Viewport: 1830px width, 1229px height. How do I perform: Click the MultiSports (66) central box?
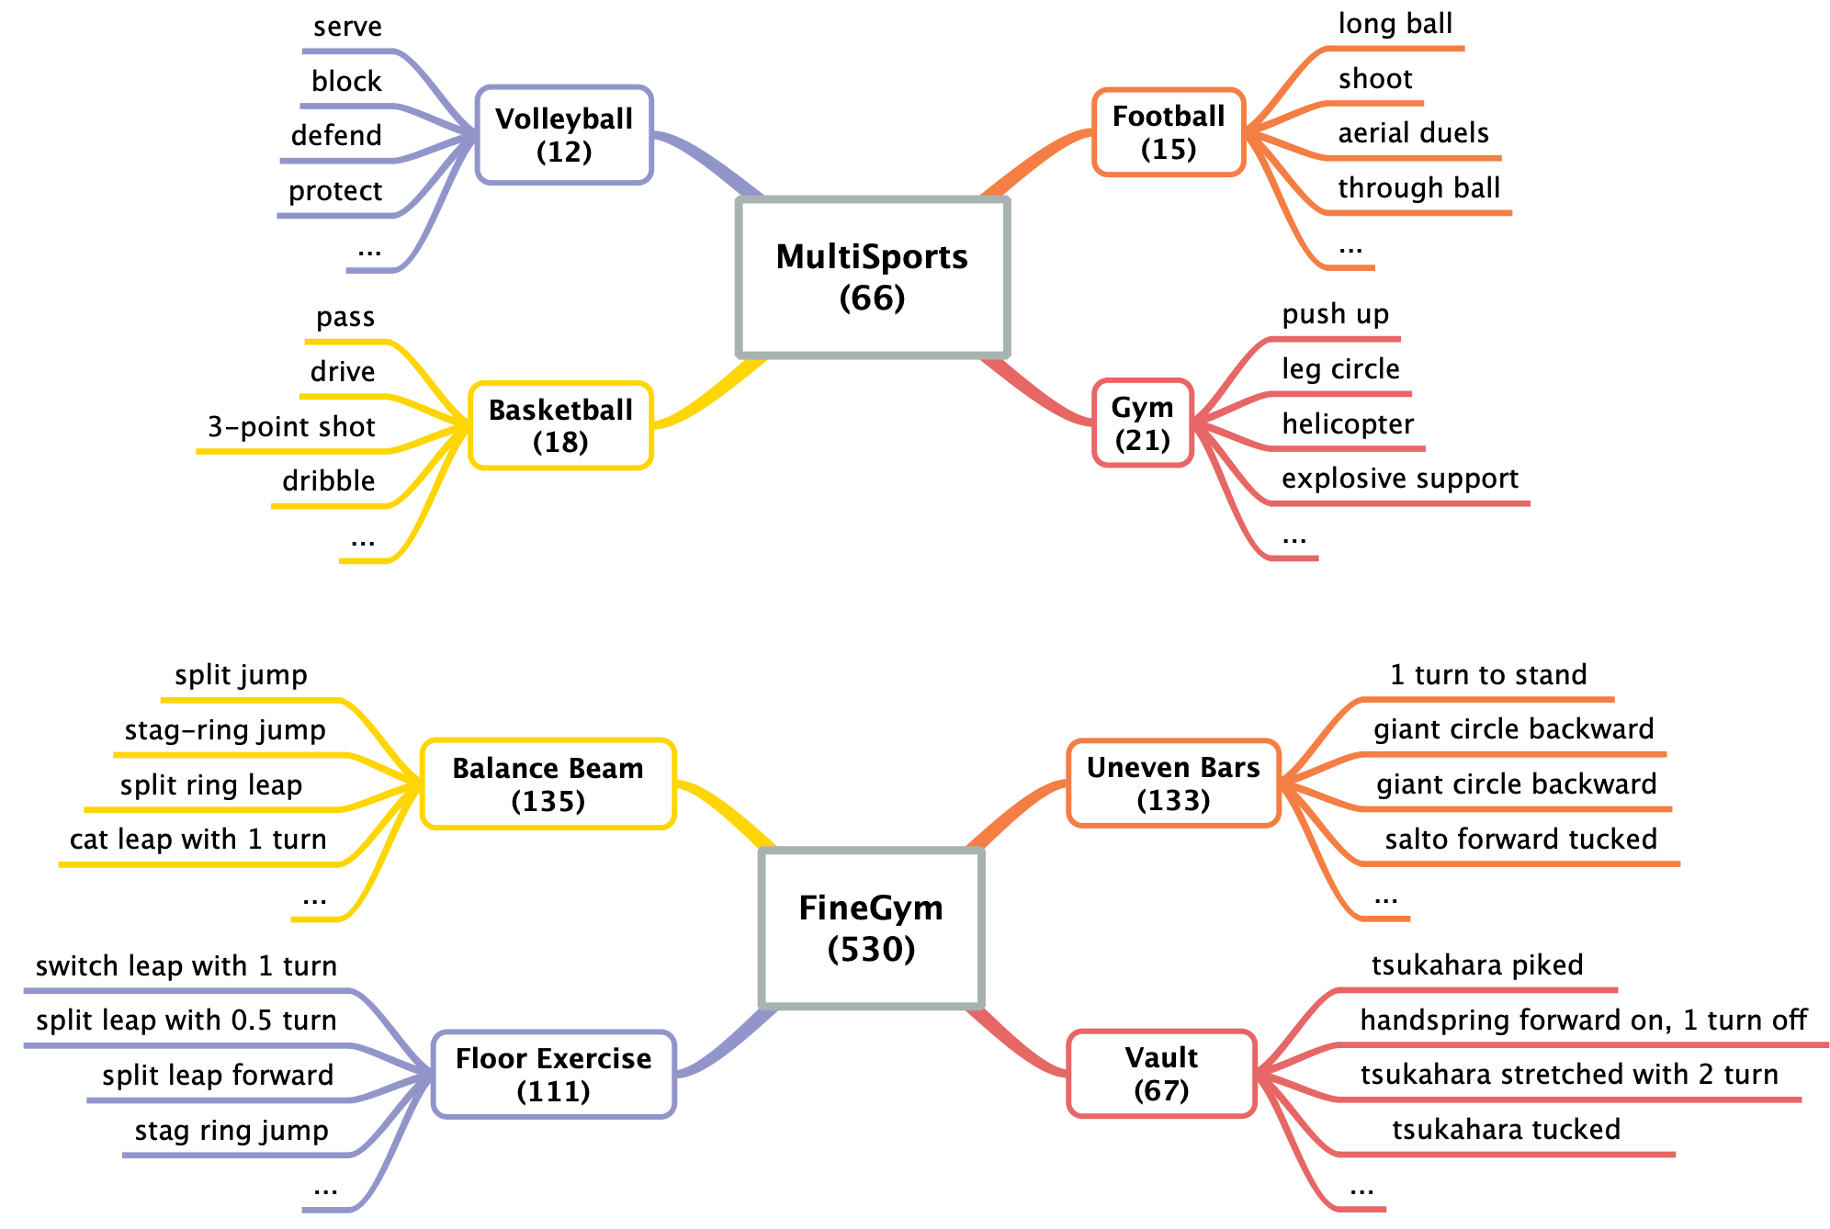pos(872,276)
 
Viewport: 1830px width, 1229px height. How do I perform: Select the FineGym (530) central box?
pos(871,928)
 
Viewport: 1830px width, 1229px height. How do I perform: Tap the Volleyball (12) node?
pos(564,135)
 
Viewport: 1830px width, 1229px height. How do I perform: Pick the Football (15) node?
pos(1168,132)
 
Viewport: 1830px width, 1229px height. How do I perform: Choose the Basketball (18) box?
pos(560,425)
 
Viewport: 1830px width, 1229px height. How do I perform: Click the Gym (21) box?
pos(1142,423)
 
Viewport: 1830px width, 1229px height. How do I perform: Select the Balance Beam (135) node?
pos(548,784)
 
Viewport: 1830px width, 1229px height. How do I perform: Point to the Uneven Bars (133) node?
pos(1172,783)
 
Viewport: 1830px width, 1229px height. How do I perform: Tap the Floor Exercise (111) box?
pos(553,1074)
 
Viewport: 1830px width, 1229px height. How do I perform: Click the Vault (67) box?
pos(1160,1073)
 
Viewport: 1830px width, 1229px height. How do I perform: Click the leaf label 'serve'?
pos(347,27)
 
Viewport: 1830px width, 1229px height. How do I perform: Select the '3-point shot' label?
pos(291,426)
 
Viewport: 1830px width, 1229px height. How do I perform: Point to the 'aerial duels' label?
pos(1413,133)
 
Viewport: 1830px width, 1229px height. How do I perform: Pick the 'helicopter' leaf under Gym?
pos(1348,423)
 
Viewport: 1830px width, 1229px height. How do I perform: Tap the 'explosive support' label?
pos(1399,478)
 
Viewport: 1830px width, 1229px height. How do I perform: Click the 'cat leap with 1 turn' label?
pos(198,839)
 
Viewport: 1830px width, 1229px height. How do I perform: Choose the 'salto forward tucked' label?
pos(1520,839)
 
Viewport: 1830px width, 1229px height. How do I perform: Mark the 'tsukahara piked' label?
pos(1476,964)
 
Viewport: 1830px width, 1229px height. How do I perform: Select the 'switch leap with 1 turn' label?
pos(186,965)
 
